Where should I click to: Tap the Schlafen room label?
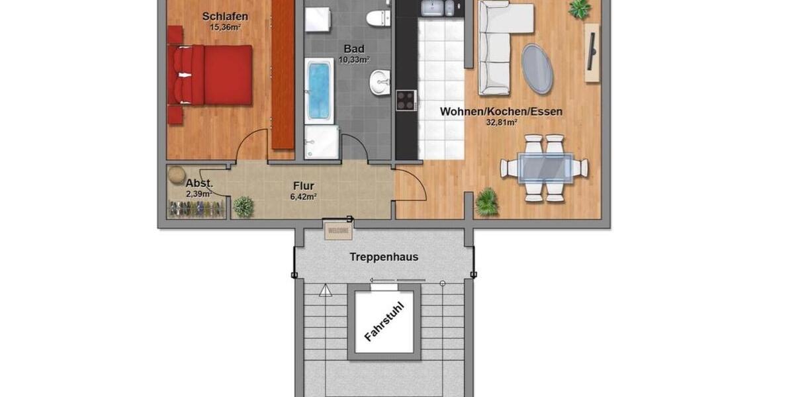pyautogui.click(x=226, y=16)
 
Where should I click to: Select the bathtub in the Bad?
pyautogui.click(x=320, y=90)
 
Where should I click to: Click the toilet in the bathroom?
pyautogui.click(x=379, y=17)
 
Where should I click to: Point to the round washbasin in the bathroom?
pyautogui.click(x=380, y=83)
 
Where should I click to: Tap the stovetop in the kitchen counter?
pyautogui.click(x=406, y=100)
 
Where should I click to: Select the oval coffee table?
pyautogui.click(x=537, y=69)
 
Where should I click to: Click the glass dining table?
pyautogui.click(x=544, y=167)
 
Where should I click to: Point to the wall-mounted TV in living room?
pyautogui.click(x=592, y=53)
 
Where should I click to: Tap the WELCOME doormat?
pyautogui.click(x=338, y=231)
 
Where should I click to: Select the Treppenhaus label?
pyautogui.click(x=384, y=257)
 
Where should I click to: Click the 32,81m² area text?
pyautogui.click(x=502, y=122)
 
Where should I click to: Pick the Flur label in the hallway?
pyautogui.click(x=304, y=186)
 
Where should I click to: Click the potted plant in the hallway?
pyautogui.click(x=243, y=206)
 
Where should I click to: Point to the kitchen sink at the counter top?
pyautogui.click(x=432, y=8)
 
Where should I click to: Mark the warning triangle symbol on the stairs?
pyautogui.click(x=325, y=290)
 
